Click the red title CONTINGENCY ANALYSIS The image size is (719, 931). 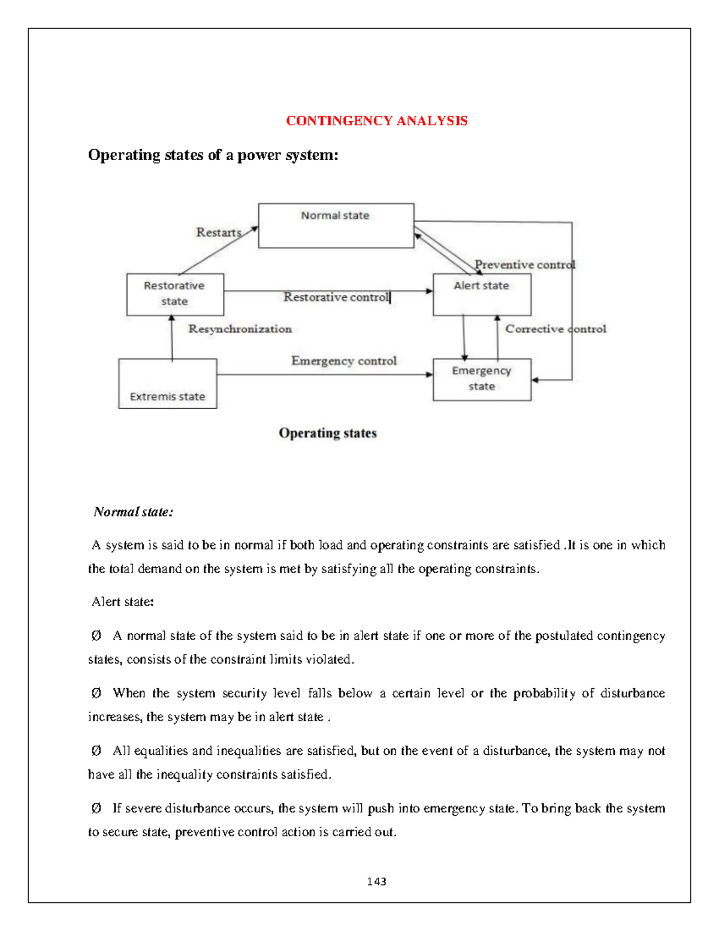pyautogui.click(x=376, y=121)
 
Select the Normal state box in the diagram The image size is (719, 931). pyautogui.click(x=336, y=225)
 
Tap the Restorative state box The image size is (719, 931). pyautogui.click(x=175, y=294)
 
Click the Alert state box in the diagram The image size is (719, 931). pyautogui.click(x=482, y=294)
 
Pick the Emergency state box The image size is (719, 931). pyautogui.click(x=482, y=379)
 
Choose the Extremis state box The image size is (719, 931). pyautogui.click(x=168, y=384)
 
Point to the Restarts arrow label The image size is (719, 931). pyautogui.click(x=218, y=233)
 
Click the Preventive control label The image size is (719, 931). pyautogui.click(x=524, y=264)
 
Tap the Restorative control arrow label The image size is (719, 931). pyautogui.click(x=336, y=297)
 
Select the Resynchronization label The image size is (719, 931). pyautogui.click(x=240, y=329)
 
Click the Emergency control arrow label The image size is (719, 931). pyautogui.click(x=344, y=361)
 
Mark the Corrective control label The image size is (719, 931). pyautogui.click(x=555, y=329)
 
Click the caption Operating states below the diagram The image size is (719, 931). pyautogui.click(x=328, y=433)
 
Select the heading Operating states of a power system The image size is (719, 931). pyautogui.click(x=213, y=155)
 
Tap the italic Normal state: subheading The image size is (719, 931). pyautogui.click(x=133, y=512)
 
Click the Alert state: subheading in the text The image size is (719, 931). pyautogui.click(x=123, y=602)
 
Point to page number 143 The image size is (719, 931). pyautogui.click(x=376, y=881)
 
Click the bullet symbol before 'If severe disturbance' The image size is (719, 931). pyautogui.click(x=96, y=808)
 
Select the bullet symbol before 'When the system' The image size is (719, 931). pyautogui.click(x=96, y=693)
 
